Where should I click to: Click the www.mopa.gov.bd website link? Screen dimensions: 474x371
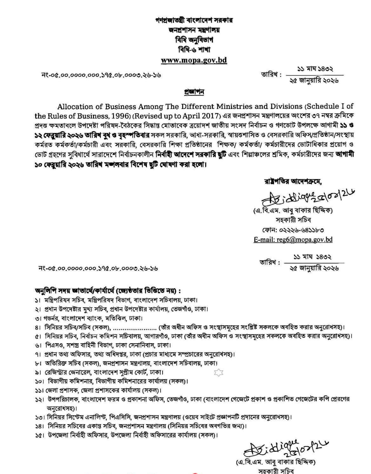click(x=194, y=60)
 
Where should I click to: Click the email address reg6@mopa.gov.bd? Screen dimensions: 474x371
click(x=293, y=240)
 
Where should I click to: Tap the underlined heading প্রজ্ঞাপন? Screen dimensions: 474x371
click(x=194, y=92)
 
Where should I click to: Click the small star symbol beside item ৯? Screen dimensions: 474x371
click(x=218, y=373)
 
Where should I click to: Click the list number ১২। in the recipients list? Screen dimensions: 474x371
click(x=39, y=399)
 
